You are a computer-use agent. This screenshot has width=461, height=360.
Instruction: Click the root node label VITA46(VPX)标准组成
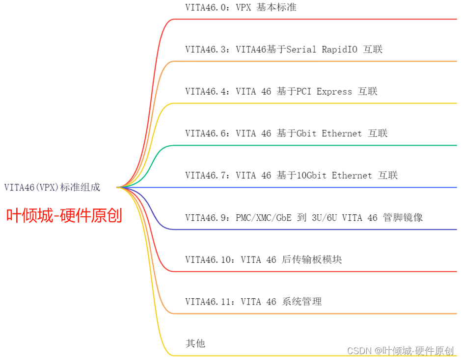tap(52, 187)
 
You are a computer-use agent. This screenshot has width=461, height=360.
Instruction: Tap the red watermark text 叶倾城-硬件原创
tap(64, 215)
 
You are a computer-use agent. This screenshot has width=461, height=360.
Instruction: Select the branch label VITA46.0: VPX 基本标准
tap(241, 7)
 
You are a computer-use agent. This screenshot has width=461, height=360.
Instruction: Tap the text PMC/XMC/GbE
tap(264, 217)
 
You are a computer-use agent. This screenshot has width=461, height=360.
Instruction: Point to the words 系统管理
tap(302, 302)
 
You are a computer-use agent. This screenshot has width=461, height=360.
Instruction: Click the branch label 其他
tap(195, 343)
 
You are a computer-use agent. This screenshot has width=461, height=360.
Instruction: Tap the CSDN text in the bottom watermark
tap(358, 351)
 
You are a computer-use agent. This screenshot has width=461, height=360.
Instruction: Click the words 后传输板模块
tap(312, 259)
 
